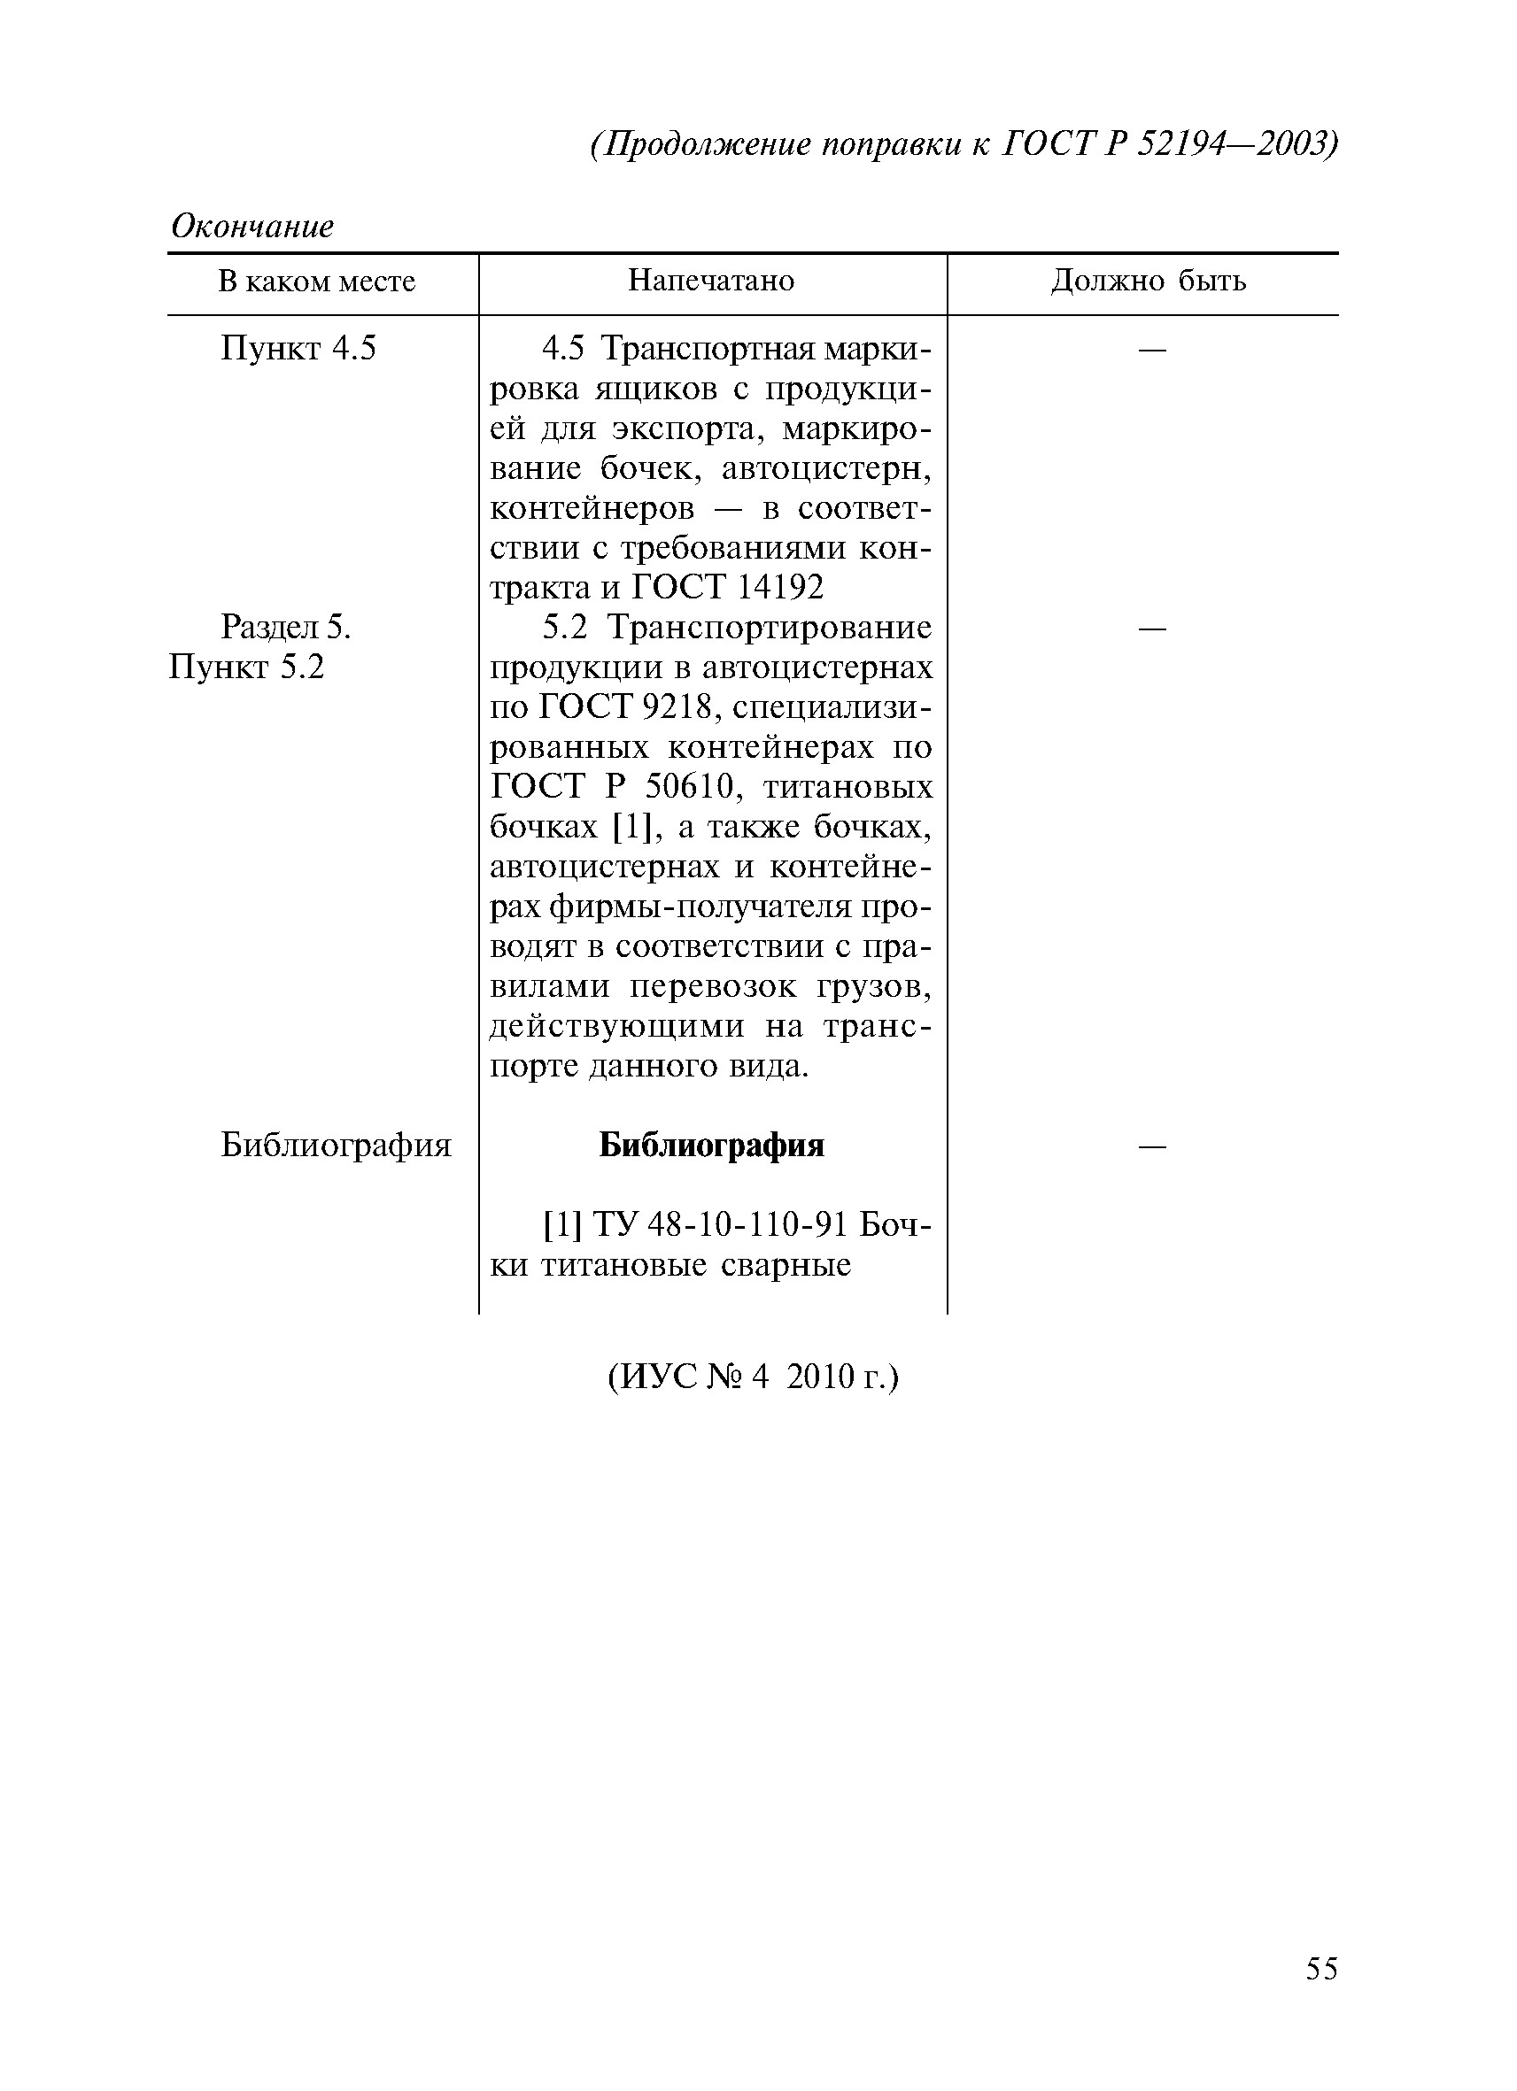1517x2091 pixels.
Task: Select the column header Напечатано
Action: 711,281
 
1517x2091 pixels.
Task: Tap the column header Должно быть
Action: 1148,281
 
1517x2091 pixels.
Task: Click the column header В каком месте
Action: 316,281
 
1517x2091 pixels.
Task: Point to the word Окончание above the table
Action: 252,226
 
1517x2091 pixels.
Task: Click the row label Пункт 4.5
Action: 298,349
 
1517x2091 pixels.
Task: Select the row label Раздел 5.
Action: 286,628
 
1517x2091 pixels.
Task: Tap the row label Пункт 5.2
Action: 247,667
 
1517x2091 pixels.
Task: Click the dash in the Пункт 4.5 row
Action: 1152,350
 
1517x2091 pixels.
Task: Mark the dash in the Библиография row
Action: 1152,1146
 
